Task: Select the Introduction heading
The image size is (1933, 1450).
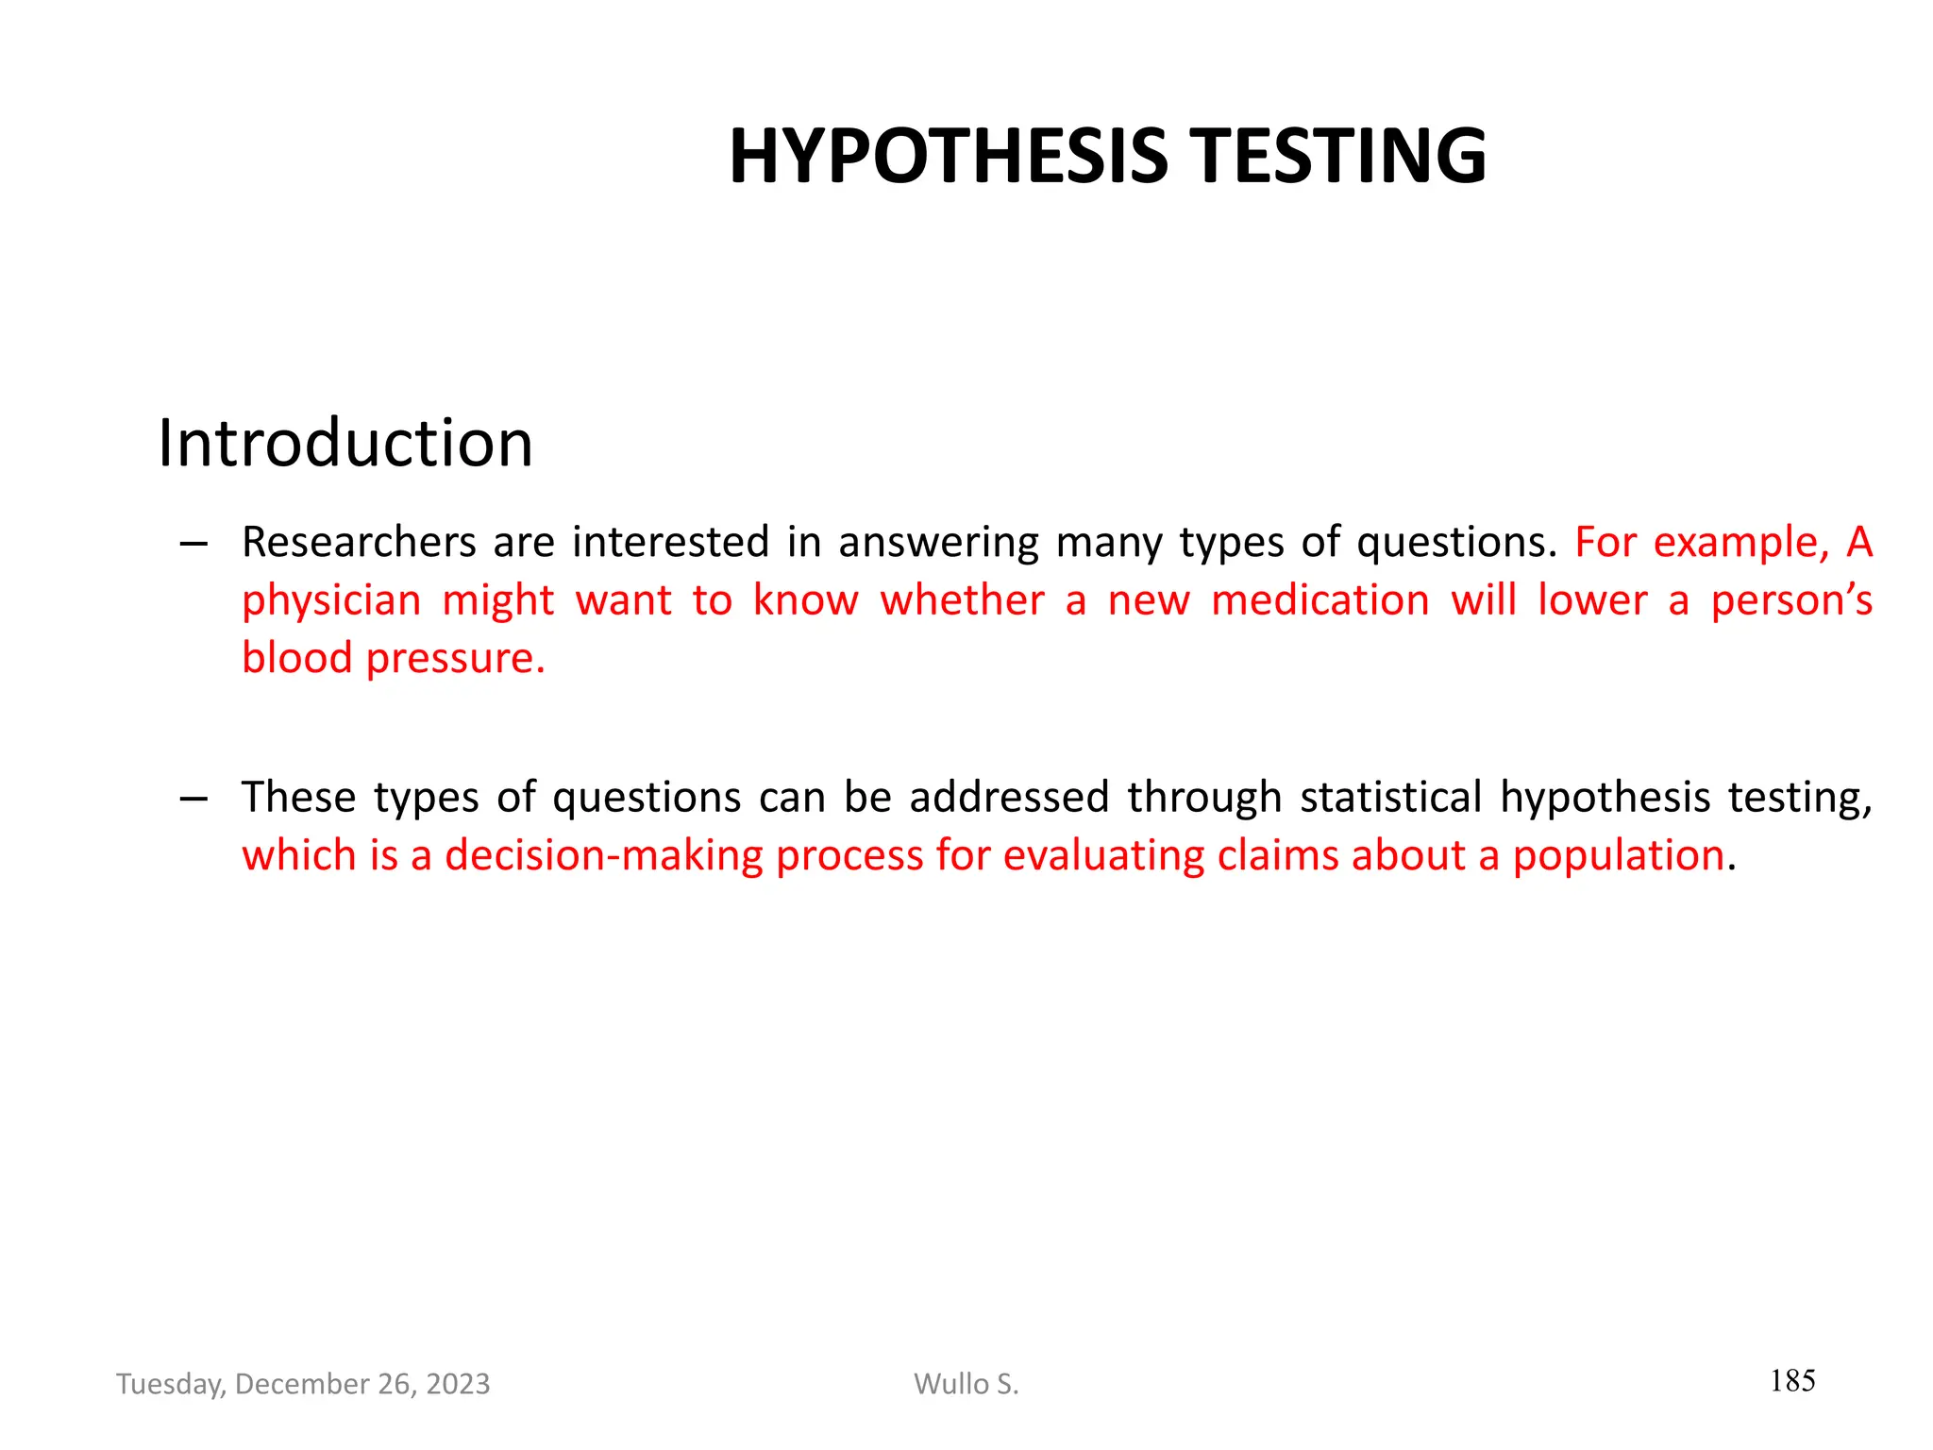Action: coord(345,443)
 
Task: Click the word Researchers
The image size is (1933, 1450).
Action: coord(359,543)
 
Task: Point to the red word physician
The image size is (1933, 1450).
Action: coord(330,601)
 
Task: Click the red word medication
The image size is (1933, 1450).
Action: coord(1319,600)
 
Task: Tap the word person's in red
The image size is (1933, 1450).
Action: coord(1790,601)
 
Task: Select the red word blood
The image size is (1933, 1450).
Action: coord(296,658)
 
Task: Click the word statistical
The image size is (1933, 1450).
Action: coord(1390,798)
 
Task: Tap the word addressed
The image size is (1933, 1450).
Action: coord(1008,798)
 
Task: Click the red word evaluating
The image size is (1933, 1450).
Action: coord(1102,855)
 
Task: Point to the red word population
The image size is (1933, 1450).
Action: coord(1619,855)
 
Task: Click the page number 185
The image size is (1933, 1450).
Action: coord(1792,1381)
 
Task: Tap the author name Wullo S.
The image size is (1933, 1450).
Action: coord(966,1384)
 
